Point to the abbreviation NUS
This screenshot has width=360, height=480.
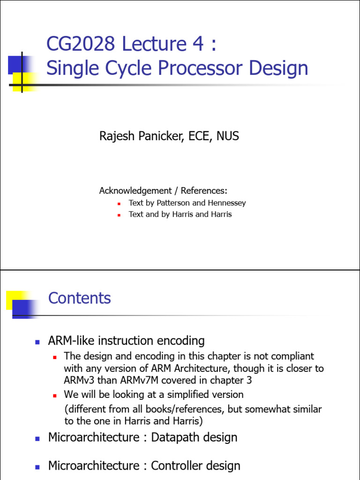tap(227, 136)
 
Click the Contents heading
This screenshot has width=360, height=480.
tap(80, 298)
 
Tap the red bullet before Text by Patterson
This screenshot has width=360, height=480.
tap(119, 204)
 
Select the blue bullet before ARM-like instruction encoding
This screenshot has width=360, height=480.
tap(37, 342)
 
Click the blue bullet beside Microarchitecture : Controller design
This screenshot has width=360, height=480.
tap(37, 466)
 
